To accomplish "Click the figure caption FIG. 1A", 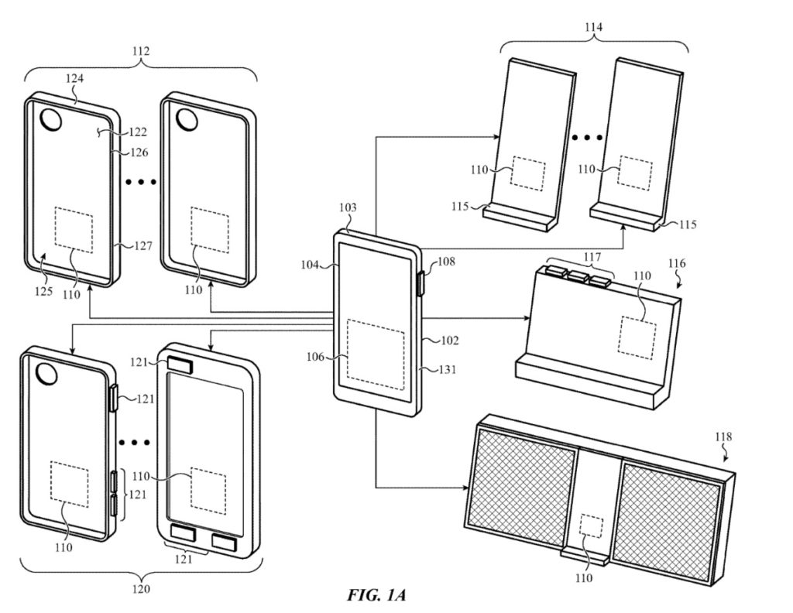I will click(x=376, y=594).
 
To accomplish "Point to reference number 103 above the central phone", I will click(x=348, y=209).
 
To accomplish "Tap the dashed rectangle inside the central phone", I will click(x=376, y=354).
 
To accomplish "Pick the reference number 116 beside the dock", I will click(x=676, y=264).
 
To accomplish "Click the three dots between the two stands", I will click(x=588, y=139).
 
